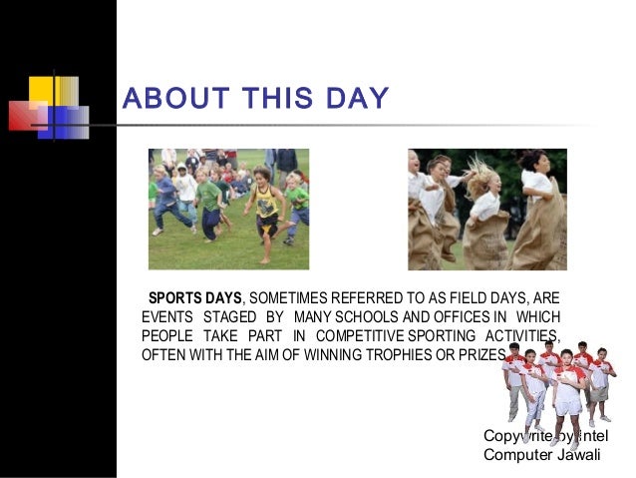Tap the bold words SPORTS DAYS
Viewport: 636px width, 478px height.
(x=195, y=297)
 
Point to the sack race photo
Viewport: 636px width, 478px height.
(x=486, y=210)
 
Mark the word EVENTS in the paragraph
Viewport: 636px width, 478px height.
(x=167, y=316)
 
